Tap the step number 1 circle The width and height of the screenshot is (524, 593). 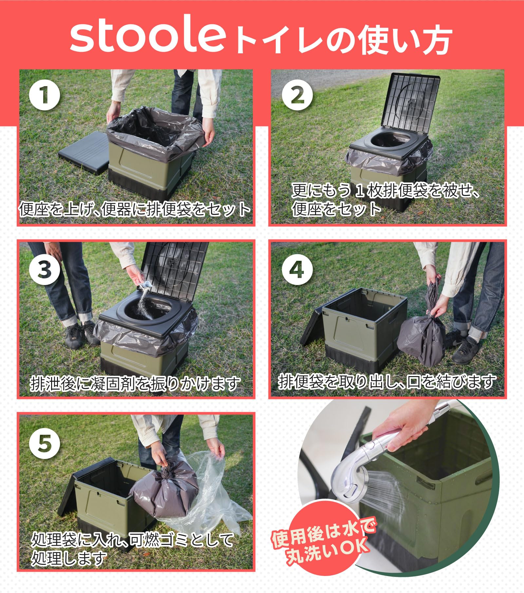(45, 95)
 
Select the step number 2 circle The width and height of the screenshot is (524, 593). (297, 95)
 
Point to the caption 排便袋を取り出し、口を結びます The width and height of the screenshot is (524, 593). (387, 382)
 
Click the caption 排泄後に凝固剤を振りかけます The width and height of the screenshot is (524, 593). (135, 383)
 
